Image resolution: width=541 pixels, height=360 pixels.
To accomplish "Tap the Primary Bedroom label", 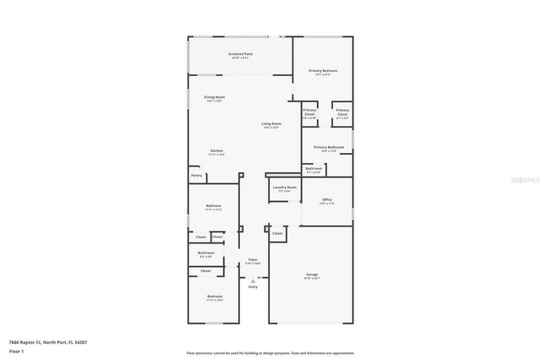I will pos(323,71).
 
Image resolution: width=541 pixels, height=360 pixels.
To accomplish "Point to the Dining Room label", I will pos(214,98).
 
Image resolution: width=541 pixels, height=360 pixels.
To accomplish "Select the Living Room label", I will pos(270,124).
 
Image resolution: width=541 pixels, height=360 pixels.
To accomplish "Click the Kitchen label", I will pos(216,152).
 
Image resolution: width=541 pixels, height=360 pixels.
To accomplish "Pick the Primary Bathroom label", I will pos(328,149).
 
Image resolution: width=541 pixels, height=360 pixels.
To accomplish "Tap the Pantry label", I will pos(196,176).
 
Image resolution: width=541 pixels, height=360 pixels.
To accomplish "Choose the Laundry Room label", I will pos(284,188).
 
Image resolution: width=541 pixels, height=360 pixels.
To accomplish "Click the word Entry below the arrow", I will pos(253,287).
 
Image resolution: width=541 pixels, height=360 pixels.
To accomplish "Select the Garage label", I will pos(311,275).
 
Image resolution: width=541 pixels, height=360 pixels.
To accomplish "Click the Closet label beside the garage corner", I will pos(277,232).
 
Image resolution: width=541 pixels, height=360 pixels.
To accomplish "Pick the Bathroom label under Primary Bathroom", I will pos(314,169).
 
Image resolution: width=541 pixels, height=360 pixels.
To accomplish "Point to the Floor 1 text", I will pos(17,352).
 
